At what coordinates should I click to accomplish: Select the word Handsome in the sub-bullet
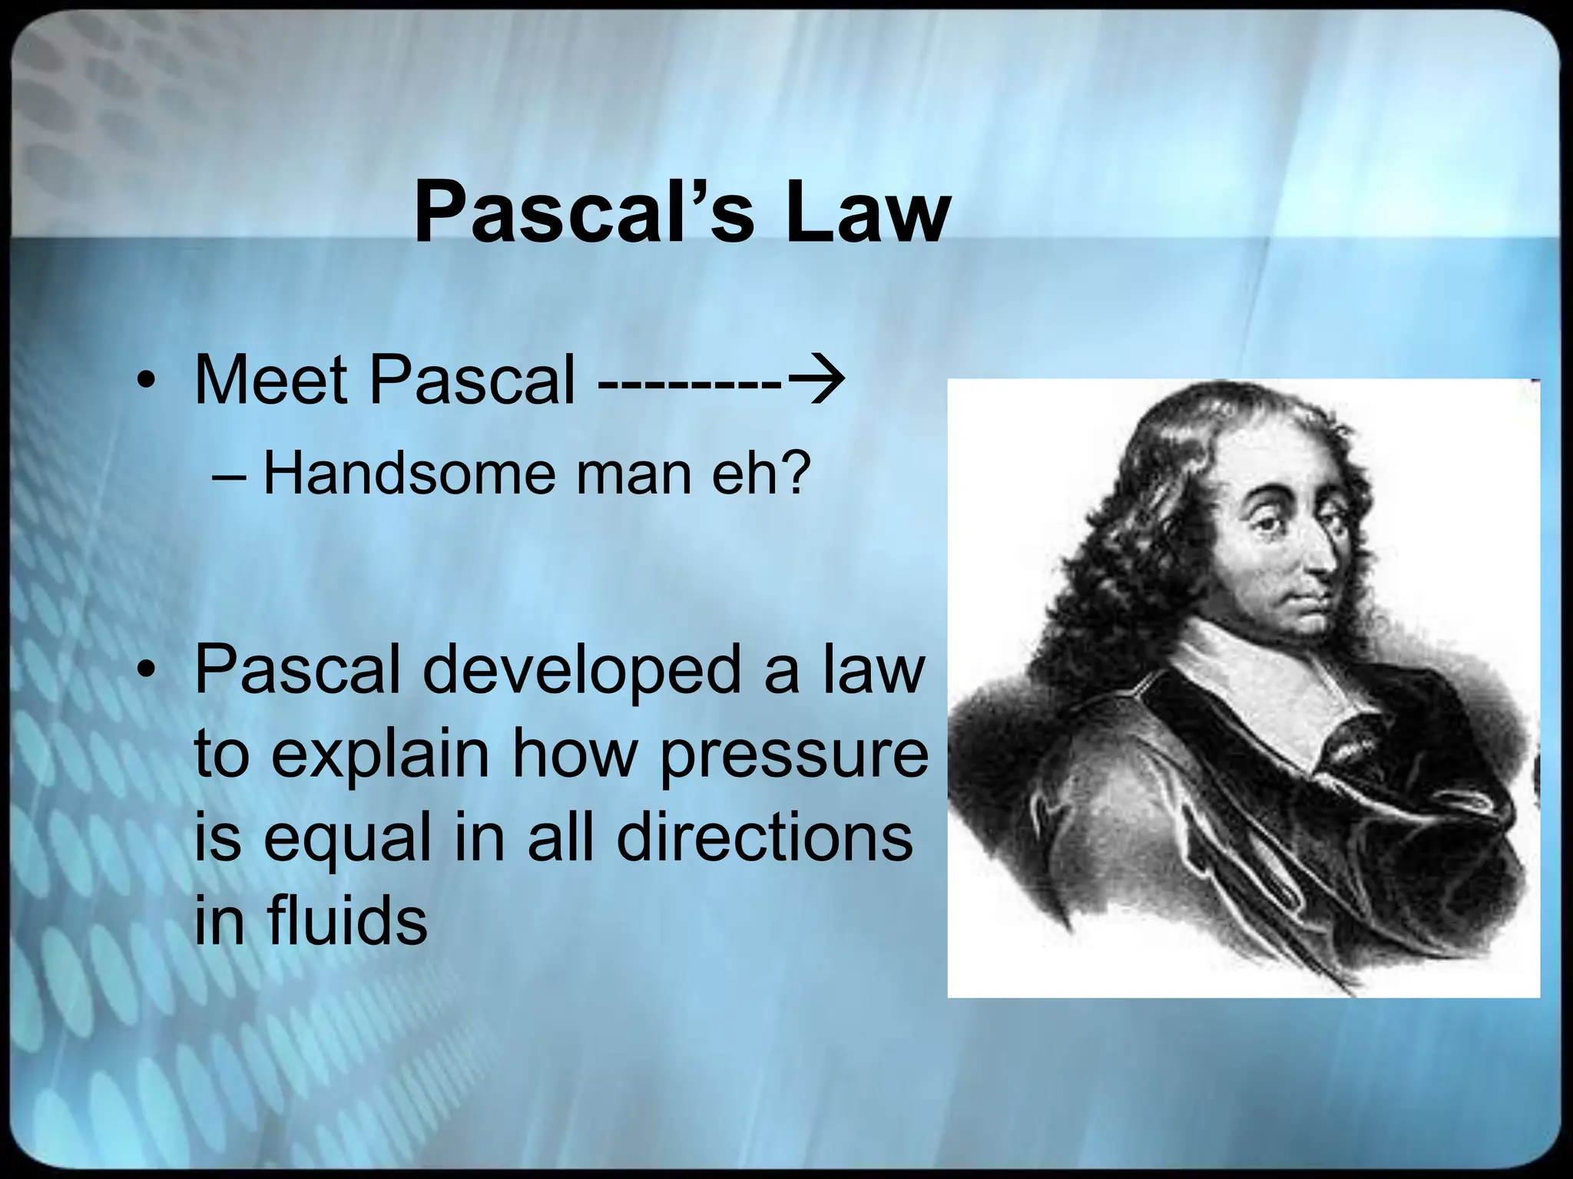click(408, 474)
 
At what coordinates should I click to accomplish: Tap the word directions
click(764, 837)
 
